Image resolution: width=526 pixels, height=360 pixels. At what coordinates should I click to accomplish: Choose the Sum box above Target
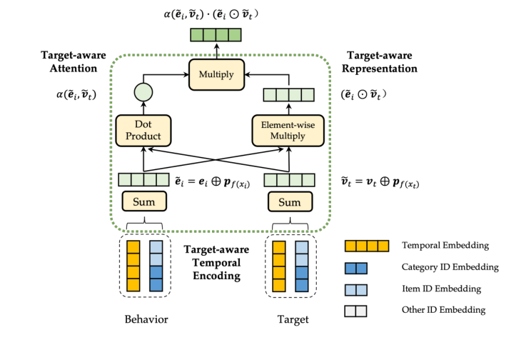tap(289, 202)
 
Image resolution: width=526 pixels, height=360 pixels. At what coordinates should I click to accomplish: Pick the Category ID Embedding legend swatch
tap(356, 268)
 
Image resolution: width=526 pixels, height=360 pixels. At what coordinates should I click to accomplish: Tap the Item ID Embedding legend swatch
tap(356, 289)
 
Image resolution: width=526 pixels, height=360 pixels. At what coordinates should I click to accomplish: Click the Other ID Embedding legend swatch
tap(356, 311)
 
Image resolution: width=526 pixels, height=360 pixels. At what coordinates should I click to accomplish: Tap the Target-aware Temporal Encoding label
tap(218, 262)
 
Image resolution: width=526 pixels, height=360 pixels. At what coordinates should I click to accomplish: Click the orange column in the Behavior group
tap(133, 265)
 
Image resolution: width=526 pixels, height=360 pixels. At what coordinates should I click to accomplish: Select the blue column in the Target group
tap(301, 265)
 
